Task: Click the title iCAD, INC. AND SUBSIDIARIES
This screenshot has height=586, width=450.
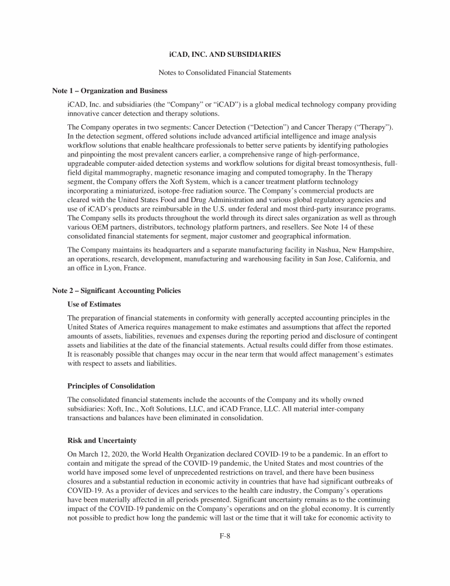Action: (x=225, y=54)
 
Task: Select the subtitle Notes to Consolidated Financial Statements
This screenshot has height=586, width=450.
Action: (x=225, y=73)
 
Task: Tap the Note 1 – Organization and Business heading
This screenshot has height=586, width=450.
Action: (x=110, y=91)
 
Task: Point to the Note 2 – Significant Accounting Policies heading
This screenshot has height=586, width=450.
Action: (x=117, y=291)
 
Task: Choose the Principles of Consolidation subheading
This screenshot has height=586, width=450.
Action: (x=111, y=386)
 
